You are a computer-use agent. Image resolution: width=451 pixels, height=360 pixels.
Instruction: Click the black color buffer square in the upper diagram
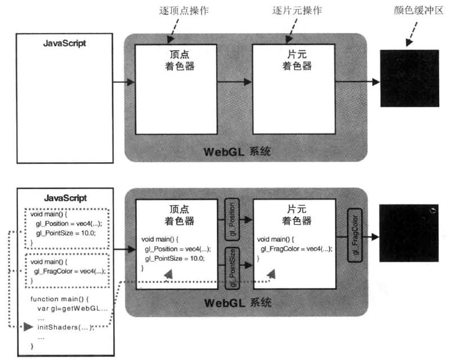pyautogui.click(x=409, y=78)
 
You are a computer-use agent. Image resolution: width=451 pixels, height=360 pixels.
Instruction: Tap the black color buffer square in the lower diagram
pyautogui.click(x=409, y=233)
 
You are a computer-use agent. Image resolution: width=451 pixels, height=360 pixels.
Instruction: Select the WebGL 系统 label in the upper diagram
pyautogui.click(x=238, y=152)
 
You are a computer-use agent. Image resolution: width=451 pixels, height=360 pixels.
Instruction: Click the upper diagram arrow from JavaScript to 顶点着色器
pyautogui.click(x=124, y=82)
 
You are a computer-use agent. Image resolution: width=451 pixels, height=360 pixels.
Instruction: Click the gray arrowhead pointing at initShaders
pyautogui.click(x=28, y=326)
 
